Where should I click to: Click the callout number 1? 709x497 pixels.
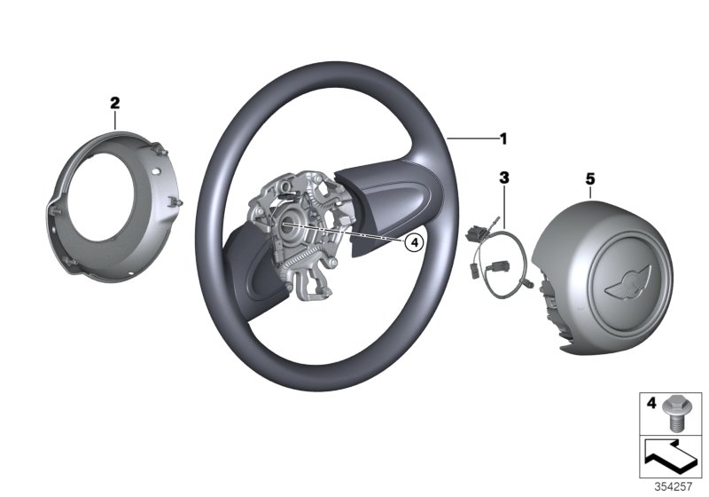[503, 138]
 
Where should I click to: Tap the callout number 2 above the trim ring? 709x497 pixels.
[114, 103]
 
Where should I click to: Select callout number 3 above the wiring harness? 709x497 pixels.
[503, 178]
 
